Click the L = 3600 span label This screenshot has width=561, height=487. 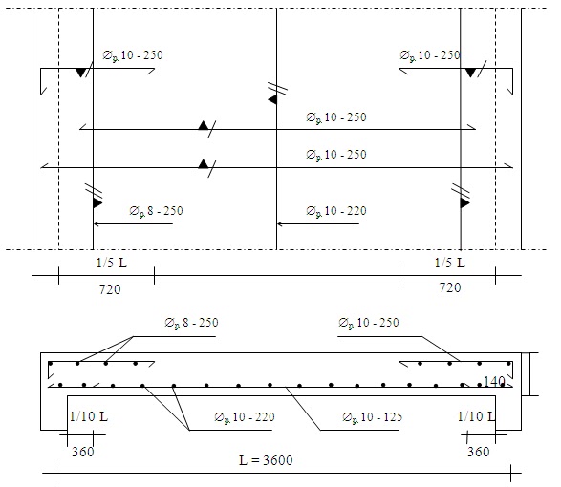[x=266, y=460]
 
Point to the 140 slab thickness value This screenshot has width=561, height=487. [x=494, y=382]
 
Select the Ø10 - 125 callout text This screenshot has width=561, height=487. [x=373, y=417]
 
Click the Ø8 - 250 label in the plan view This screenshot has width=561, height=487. [x=156, y=211]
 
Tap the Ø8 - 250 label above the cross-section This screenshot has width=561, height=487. [x=191, y=323]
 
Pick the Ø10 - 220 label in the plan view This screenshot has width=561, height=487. [x=336, y=211]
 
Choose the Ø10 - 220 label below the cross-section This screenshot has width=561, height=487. [x=245, y=417]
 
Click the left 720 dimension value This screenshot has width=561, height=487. [x=110, y=289]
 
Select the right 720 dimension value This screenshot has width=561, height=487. [x=450, y=287]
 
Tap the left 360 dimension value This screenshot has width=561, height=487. [x=83, y=452]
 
